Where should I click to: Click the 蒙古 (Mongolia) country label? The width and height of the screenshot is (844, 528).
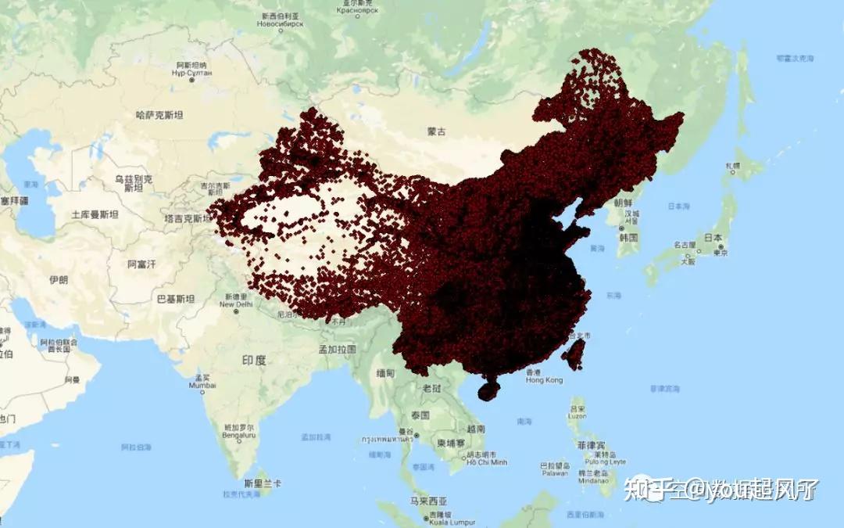[437, 132]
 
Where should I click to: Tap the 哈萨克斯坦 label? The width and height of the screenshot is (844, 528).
[159, 115]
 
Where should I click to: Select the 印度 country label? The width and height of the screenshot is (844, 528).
[254, 361]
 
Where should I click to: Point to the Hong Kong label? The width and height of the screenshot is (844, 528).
[544, 380]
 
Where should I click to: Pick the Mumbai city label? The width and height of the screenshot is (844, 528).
[202, 386]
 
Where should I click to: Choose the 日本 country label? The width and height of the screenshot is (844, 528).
[713, 238]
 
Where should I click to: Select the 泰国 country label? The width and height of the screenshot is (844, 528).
[420, 415]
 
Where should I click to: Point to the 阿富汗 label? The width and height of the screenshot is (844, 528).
[141, 264]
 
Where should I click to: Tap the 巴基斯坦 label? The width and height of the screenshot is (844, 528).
[175, 298]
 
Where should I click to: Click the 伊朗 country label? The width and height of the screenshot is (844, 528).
[59, 279]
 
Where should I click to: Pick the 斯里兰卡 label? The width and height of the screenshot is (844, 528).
[263, 483]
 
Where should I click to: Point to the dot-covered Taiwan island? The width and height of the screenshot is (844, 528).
[574, 354]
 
